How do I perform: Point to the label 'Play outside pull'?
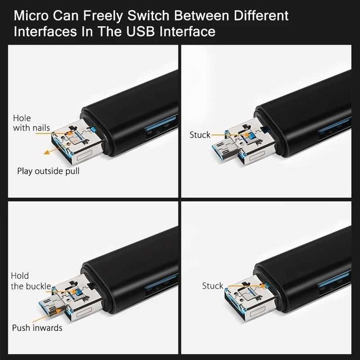point(48,171)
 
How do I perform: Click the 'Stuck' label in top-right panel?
point(200,135)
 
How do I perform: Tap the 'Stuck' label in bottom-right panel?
point(212,285)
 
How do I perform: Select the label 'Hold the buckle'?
point(31,281)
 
